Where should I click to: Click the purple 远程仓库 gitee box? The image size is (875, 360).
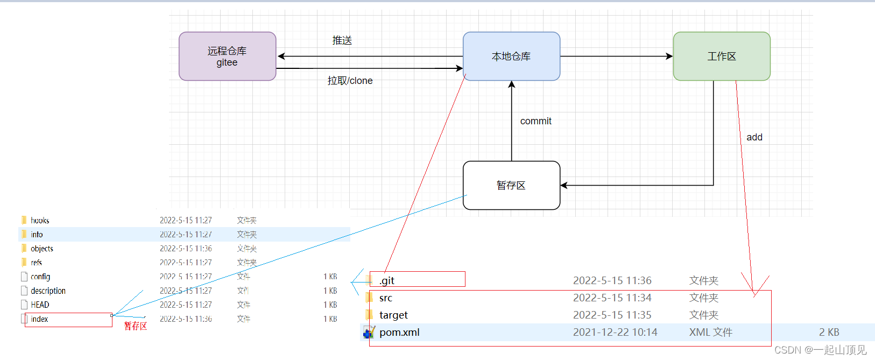pyautogui.click(x=227, y=57)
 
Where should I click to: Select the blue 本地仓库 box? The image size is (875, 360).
pyautogui.click(x=511, y=57)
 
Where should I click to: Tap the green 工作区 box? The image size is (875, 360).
pyautogui.click(x=721, y=57)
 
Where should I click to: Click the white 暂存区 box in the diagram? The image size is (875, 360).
pyautogui.click(x=511, y=186)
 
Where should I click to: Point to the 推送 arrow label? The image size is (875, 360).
pyautogui.click(x=342, y=40)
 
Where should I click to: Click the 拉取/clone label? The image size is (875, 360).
pyautogui.click(x=350, y=81)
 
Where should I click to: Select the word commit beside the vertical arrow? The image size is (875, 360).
pyautogui.click(x=535, y=121)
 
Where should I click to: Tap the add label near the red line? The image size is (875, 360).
pyautogui.click(x=754, y=137)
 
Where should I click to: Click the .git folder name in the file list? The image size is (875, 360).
pyautogui.click(x=387, y=280)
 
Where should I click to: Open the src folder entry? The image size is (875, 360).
pyautogui.click(x=386, y=298)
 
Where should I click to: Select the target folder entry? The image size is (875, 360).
pyautogui.click(x=393, y=315)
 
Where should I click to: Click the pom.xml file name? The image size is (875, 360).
pyautogui.click(x=399, y=332)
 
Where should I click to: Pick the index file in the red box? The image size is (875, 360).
pyautogui.click(x=39, y=319)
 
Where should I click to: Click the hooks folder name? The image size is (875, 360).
pyautogui.click(x=40, y=221)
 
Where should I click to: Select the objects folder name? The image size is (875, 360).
pyautogui.click(x=42, y=249)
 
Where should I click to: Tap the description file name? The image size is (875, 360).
pyautogui.click(x=48, y=291)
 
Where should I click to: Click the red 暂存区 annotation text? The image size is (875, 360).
pyautogui.click(x=135, y=326)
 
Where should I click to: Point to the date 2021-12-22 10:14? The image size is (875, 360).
pyautogui.click(x=615, y=332)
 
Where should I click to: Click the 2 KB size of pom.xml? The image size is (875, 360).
pyautogui.click(x=829, y=332)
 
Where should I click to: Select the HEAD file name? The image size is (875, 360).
pyautogui.click(x=40, y=305)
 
